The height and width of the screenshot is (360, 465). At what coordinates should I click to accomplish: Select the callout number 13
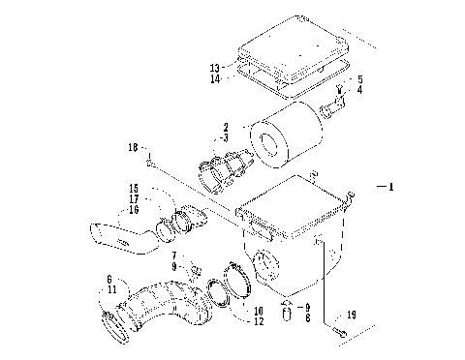pyautogui.click(x=214, y=68)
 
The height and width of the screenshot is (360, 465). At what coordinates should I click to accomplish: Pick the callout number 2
pyautogui.click(x=226, y=127)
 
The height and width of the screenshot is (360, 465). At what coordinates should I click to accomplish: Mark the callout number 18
pyautogui.click(x=133, y=148)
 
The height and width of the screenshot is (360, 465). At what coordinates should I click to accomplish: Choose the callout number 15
pyautogui.click(x=134, y=188)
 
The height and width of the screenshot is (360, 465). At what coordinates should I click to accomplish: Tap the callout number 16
pyautogui.click(x=134, y=208)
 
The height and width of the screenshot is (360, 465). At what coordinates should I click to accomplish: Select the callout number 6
pyautogui.click(x=109, y=279)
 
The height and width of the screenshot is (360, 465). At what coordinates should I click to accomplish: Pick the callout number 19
pyautogui.click(x=352, y=315)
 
